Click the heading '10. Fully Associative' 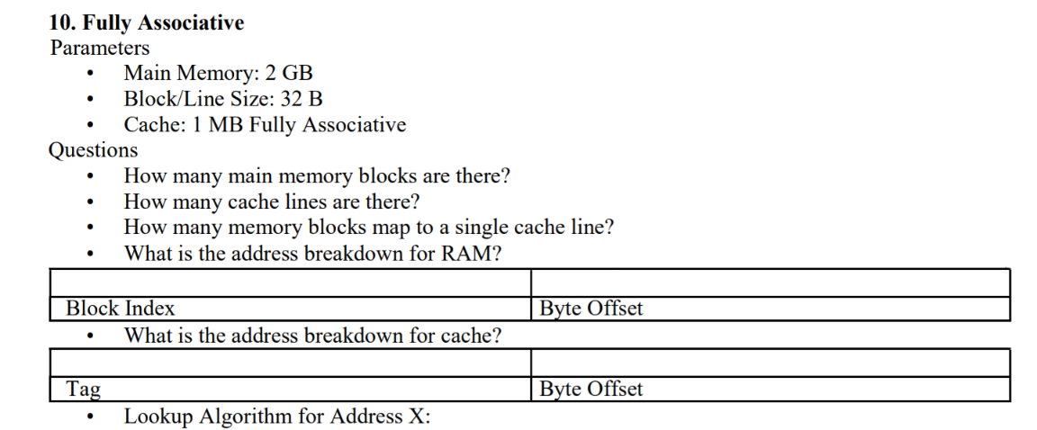(x=146, y=23)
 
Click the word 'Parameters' (x=100, y=48)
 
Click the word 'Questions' (x=93, y=150)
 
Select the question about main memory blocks (x=317, y=176)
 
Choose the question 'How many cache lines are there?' (x=272, y=202)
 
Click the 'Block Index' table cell (x=121, y=309)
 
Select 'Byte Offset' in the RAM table (x=591, y=309)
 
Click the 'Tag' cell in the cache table (x=83, y=390)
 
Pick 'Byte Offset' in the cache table (x=591, y=390)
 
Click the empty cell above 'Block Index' (x=290, y=283)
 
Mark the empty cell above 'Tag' (x=290, y=363)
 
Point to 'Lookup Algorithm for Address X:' (x=277, y=417)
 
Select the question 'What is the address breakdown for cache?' (x=312, y=336)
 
